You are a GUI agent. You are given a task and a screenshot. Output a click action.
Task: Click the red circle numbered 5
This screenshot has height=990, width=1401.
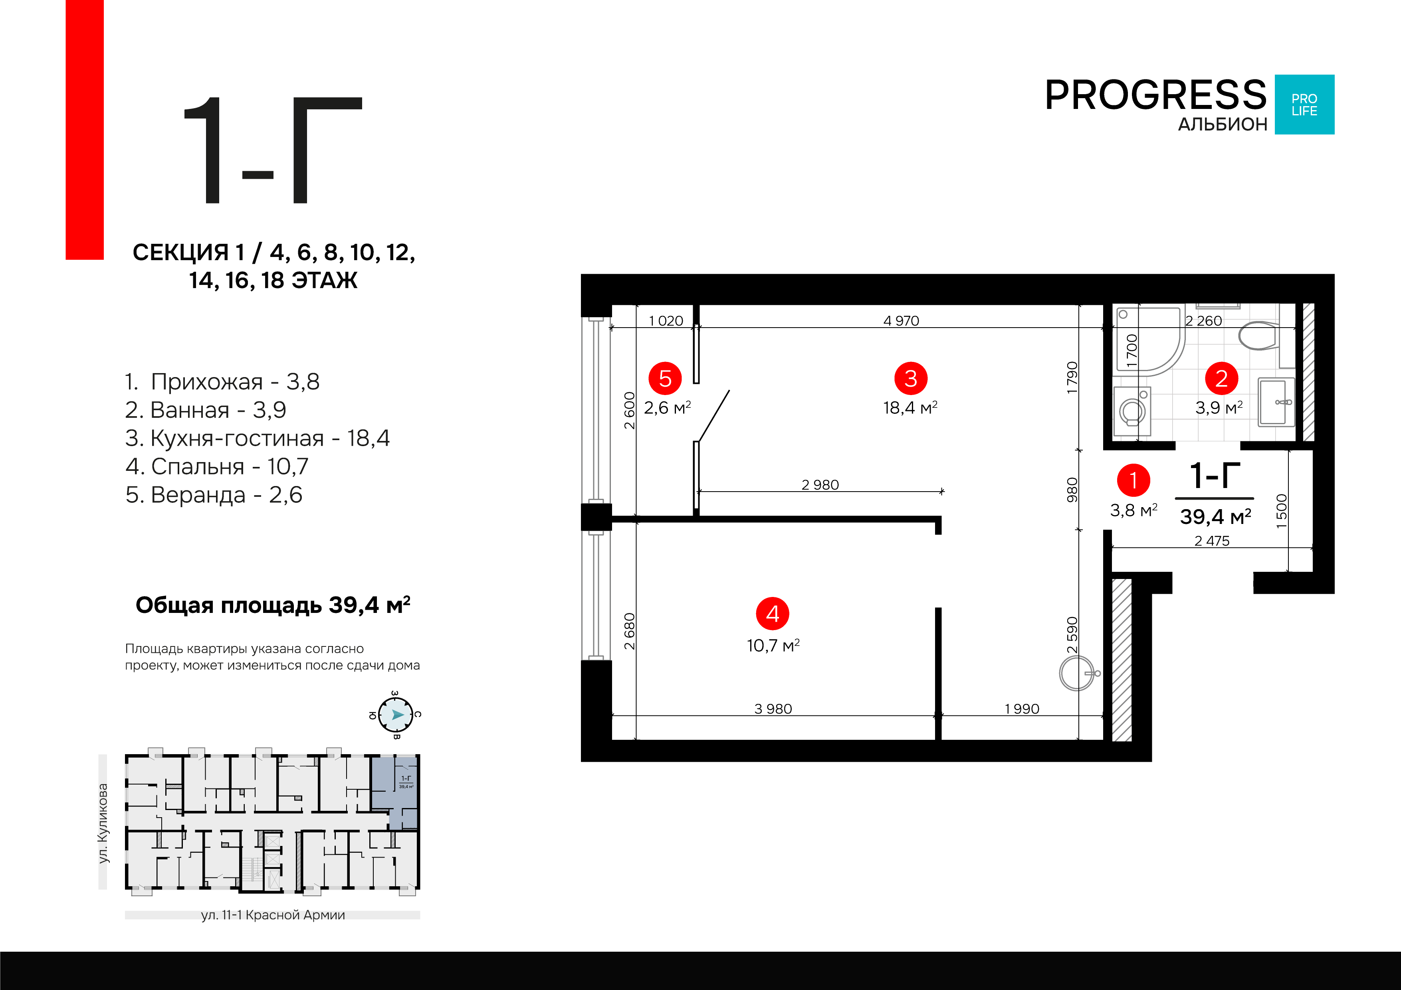[665, 378]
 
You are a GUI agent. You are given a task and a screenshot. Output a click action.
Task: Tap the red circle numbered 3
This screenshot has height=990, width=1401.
[910, 378]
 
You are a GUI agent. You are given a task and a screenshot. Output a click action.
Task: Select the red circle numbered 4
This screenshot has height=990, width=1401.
[773, 614]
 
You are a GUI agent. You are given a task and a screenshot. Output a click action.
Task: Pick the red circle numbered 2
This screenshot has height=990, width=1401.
[1221, 378]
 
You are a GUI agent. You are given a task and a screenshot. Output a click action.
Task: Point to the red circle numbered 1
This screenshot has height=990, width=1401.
[1133, 480]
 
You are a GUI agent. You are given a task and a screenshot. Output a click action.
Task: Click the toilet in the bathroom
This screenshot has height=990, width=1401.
[1260, 335]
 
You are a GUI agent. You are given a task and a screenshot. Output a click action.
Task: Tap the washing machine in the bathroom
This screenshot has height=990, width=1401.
[1133, 411]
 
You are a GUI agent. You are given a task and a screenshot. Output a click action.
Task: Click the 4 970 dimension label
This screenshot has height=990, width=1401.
[901, 321]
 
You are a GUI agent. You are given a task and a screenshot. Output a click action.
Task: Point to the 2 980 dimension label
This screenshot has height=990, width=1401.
[820, 485]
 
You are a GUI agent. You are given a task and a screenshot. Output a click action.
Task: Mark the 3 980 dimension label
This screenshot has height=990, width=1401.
[773, 709]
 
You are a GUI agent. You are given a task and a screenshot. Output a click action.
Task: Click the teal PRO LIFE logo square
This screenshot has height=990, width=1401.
[1305, 104]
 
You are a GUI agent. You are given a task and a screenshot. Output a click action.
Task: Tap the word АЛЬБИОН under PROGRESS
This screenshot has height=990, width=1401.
[1223, 124]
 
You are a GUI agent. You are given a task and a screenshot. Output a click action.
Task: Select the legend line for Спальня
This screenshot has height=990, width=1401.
[217, 466]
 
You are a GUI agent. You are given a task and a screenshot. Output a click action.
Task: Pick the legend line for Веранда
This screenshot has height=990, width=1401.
[214, 495]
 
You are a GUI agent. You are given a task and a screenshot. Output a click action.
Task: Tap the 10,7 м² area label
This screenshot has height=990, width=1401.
[773, 645]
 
